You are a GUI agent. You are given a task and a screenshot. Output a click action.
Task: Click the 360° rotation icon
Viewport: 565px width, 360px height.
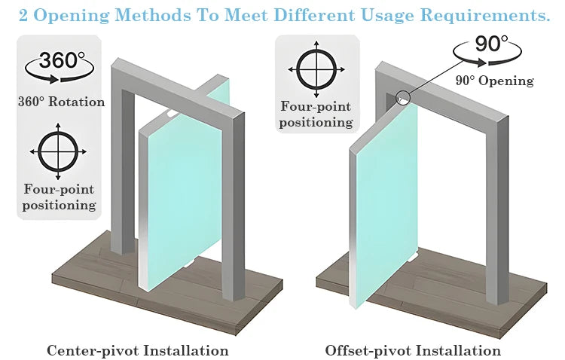click(x=60, y=67)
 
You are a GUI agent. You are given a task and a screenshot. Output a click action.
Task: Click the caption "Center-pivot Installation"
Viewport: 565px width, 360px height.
click(x=138, y=350)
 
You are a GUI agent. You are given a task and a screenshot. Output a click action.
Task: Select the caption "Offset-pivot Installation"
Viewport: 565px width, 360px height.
click(x=413, y=350)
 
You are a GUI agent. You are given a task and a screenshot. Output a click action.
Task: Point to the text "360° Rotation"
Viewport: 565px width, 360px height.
click(x=62, y=102)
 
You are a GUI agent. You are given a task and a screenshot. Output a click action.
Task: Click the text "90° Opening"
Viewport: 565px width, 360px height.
click(x=495, y=81)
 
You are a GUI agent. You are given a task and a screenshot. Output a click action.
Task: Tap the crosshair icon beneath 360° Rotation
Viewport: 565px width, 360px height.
click(x=58, y=151)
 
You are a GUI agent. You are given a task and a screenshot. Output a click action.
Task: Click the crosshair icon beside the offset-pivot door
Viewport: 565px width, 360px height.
click(x=316, y=69)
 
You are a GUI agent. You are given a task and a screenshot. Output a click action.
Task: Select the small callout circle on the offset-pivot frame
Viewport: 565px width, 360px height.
click(x=404, y=97)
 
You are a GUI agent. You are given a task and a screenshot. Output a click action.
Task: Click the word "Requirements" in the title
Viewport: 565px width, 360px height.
click(x=485, y=15)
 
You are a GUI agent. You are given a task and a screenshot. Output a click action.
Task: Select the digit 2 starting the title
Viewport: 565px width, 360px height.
click(x=23, y=16)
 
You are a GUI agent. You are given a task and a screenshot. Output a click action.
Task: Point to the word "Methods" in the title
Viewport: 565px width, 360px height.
click(x=153, y=15)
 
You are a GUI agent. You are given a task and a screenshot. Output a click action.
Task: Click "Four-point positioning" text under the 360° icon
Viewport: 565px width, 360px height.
click(x=59, y=197)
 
